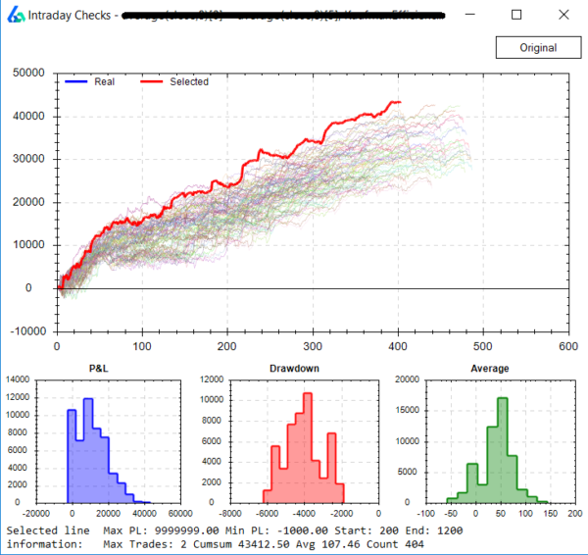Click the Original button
[x=538, y=47]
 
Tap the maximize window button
[x=516, y=16]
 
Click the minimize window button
[x=472, y=16]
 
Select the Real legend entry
[x=104, y=81]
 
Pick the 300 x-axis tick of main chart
[x=312, y=347]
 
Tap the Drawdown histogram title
[x=295, y=370]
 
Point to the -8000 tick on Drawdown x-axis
[x=230, y=513]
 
